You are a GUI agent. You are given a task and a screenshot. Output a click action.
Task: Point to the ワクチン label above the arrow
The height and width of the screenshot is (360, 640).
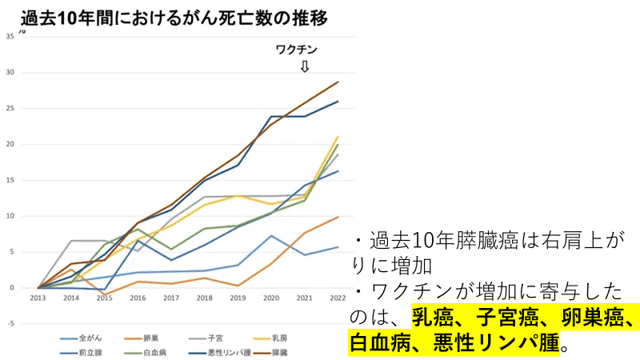[296, 50]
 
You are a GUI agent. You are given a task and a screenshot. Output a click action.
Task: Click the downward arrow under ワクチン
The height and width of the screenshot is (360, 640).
[304, 66]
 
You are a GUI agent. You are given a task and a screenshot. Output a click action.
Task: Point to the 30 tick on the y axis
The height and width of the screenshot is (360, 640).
[10, 73]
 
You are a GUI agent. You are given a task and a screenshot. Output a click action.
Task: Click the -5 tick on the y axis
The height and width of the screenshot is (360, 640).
[10, 324]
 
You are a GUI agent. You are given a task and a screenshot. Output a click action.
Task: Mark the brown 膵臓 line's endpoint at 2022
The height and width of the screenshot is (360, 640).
[338, 82]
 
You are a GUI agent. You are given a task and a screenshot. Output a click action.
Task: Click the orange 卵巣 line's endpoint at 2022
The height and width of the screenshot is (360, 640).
[338, 217]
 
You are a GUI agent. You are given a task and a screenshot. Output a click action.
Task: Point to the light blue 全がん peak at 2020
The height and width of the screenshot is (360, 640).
[271, 236]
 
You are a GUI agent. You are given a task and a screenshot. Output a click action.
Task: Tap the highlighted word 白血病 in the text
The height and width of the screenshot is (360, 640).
[376, 345]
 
